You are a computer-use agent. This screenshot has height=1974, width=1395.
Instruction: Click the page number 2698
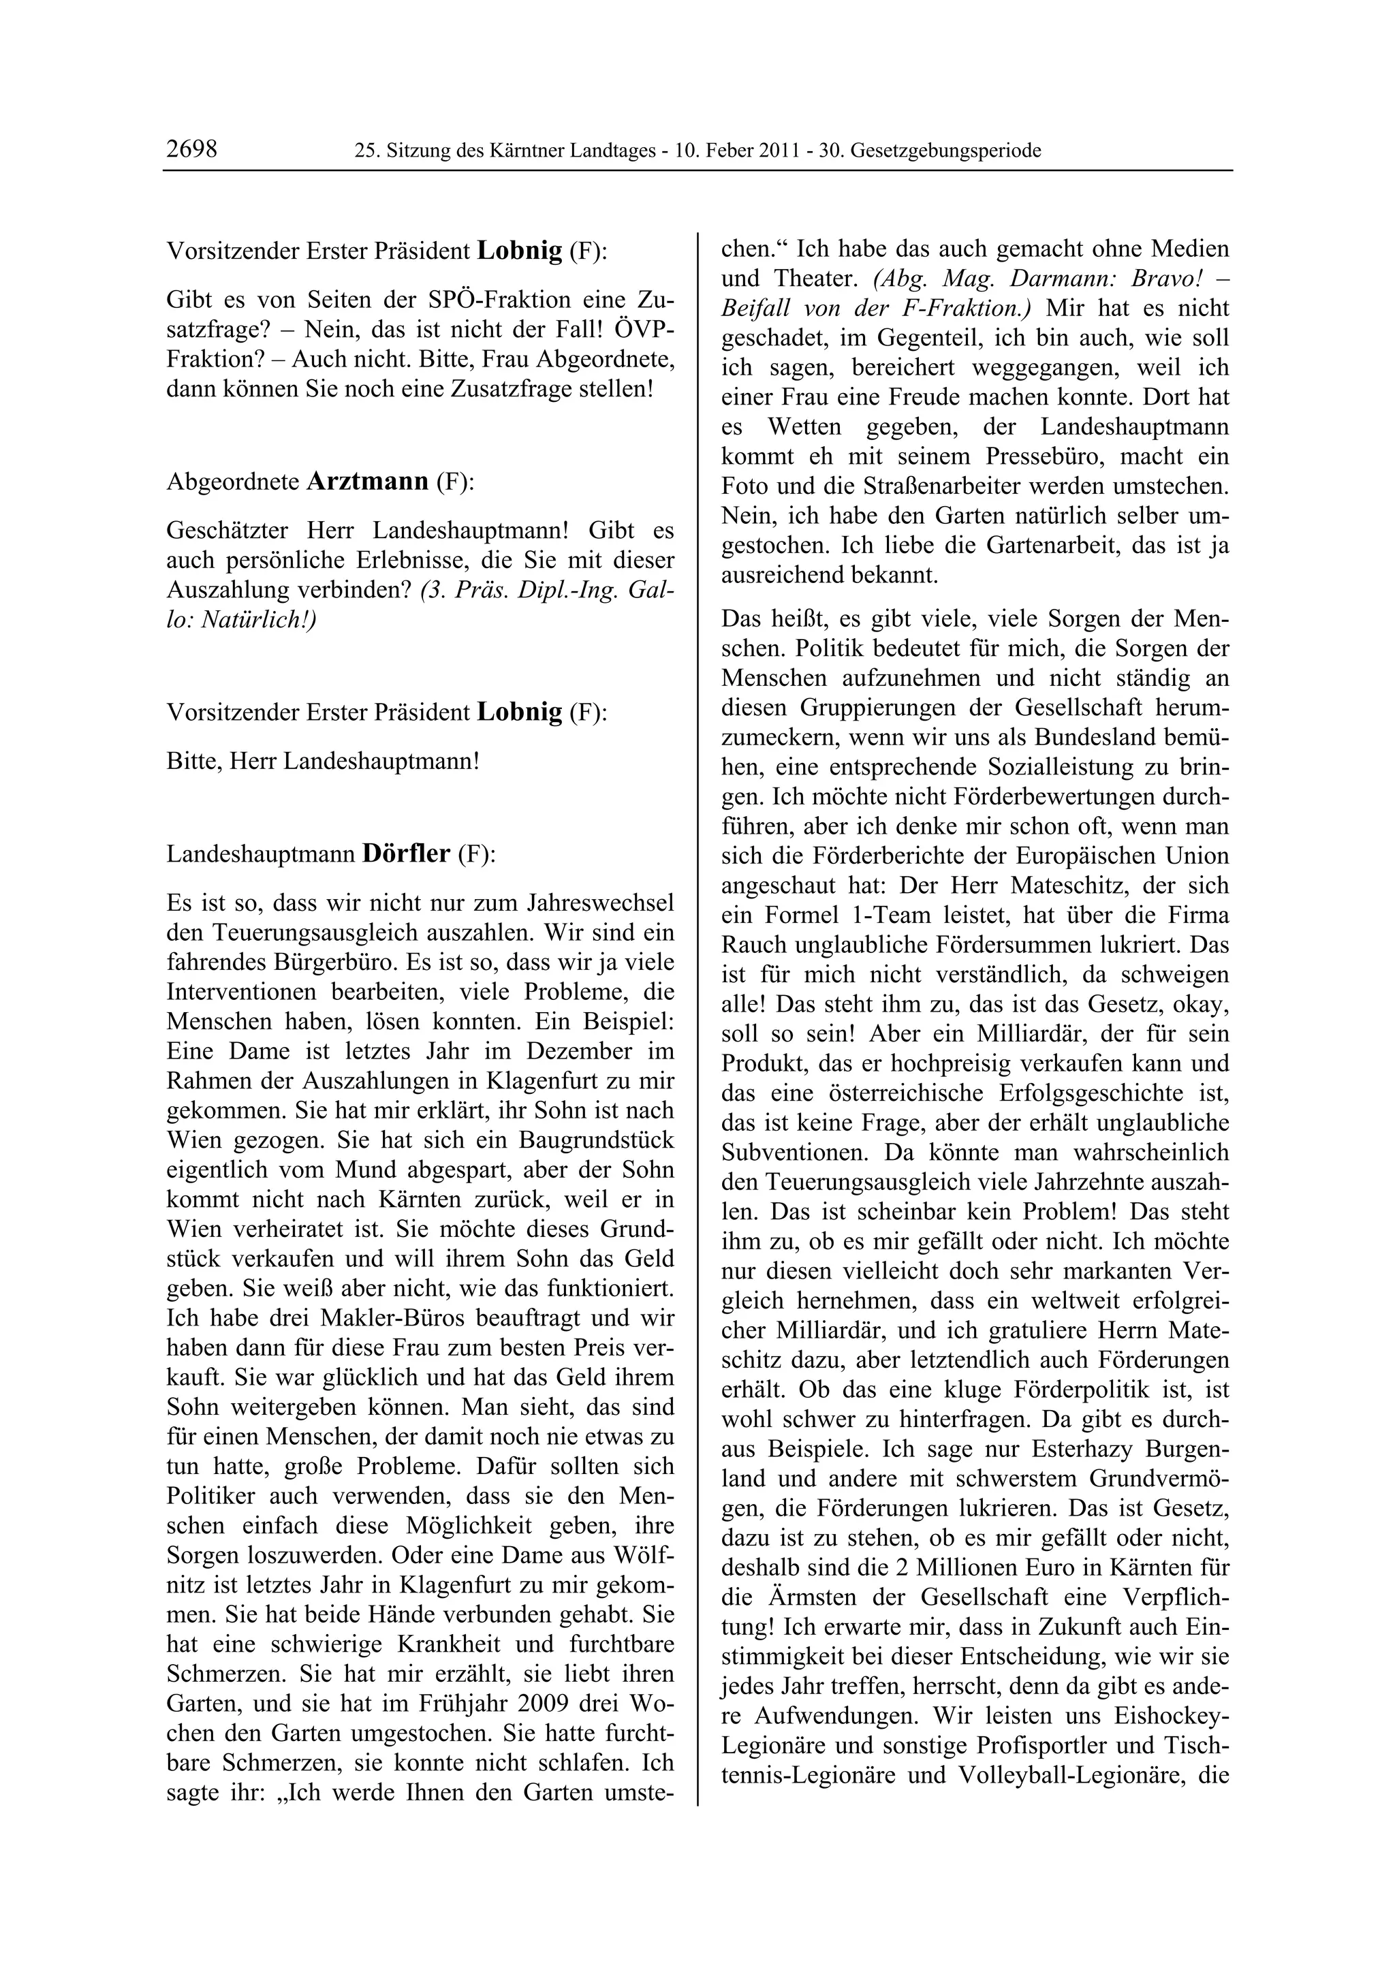[x=191, y=150]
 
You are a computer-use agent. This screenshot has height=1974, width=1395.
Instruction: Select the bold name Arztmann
[x=367, y=481]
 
